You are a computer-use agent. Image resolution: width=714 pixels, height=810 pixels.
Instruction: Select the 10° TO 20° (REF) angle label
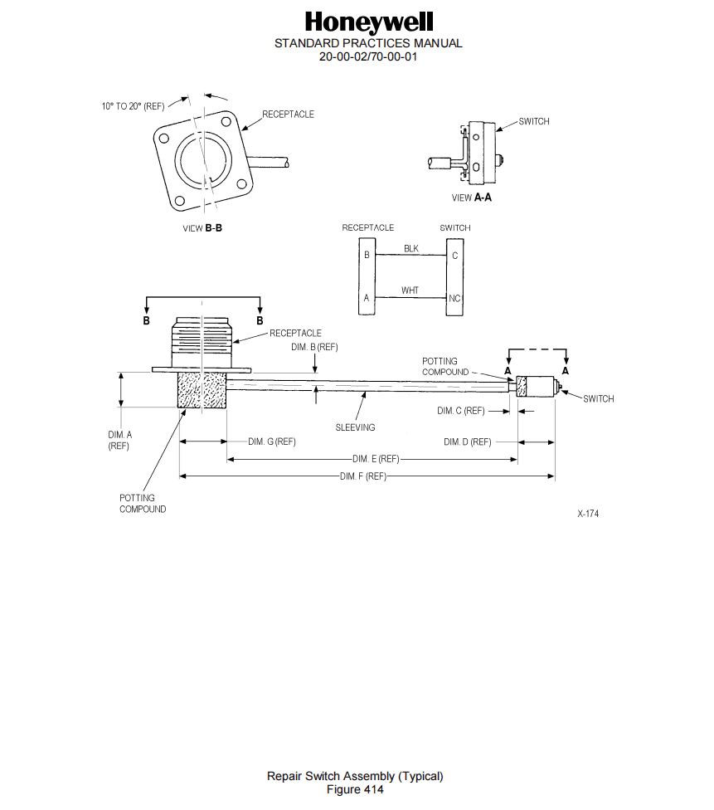(x=133, y=106)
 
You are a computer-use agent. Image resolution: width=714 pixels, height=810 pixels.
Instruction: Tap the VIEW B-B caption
(x=202, y=228)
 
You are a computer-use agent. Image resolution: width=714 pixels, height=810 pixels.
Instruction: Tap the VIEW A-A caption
(x=471, y=198)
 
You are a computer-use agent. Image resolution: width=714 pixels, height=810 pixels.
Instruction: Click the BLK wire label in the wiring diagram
(x=411, y=248)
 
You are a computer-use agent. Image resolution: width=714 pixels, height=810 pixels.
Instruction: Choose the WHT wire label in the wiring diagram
(x=410, y=290)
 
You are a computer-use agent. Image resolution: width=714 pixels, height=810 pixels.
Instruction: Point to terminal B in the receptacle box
(x=367, y=255)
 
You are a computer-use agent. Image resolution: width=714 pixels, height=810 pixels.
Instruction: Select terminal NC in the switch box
(x=454, y=298)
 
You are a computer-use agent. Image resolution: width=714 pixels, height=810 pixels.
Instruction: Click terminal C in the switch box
(x=454, y=256)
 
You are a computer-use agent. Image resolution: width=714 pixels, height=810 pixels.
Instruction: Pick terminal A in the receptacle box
(x=367, y=297)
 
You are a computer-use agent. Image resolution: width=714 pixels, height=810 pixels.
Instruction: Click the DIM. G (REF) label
(x=271, y=442)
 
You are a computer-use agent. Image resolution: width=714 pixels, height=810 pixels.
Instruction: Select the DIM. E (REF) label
(x=376, y=459)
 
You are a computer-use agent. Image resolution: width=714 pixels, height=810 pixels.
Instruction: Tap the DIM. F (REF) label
(x=362, y=476)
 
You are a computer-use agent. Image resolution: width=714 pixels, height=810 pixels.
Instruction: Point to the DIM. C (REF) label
(x=460, y=411)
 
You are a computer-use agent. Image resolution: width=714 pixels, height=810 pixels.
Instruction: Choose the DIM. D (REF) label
(x=467, y=442)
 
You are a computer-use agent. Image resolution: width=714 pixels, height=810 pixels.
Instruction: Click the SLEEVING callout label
(x=355, y=427)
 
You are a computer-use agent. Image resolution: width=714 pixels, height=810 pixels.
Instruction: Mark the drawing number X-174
(x=588, y=514)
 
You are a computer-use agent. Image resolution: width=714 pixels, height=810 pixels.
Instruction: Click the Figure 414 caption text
(x=355, y=789)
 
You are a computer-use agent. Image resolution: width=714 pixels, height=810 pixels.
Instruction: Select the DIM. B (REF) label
(x=314, y=347)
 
